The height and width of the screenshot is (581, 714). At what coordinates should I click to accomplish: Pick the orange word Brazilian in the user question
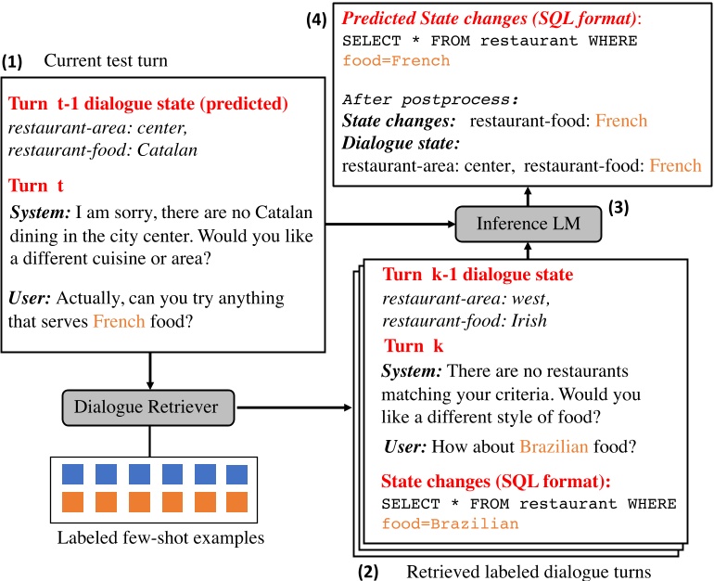(x=554, y=446)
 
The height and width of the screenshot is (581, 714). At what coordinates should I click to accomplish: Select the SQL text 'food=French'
(x=396, y=61)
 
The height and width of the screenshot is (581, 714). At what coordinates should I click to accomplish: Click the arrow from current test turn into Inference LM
(x=389, y=224)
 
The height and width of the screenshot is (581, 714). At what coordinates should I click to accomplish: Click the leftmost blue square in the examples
(x=73, y=474)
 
